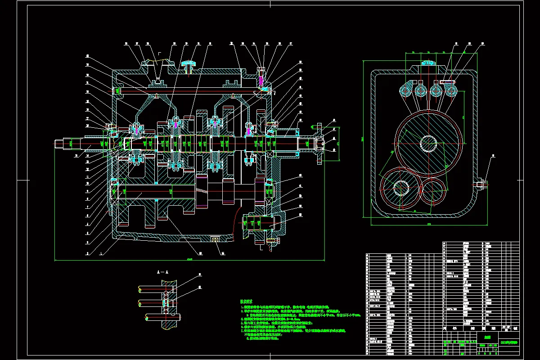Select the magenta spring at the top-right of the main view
261,80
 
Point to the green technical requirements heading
247,301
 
